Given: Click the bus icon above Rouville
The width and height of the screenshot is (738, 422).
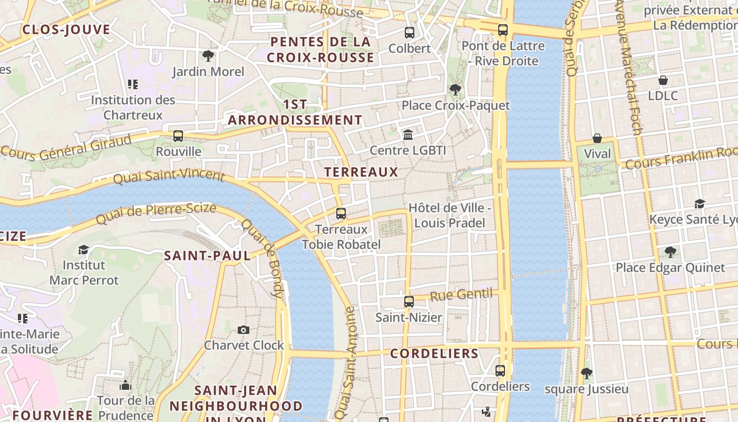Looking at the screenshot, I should tap(178, 136).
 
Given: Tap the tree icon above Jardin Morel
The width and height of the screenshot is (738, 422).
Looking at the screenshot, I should tap(208, 55).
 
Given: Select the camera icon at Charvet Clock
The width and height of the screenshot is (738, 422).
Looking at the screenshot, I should tap(243, 330).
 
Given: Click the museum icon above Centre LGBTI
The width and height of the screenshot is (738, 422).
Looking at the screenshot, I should tap(408, 135).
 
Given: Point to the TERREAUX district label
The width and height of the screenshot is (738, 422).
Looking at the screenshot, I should tap(361, 172).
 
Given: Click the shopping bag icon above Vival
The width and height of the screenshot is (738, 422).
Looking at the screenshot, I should tap(597, 138).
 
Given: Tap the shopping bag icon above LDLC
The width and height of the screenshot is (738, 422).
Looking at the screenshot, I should tap(663, 80).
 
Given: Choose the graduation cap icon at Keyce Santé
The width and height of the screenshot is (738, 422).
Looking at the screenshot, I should tap(700, 204).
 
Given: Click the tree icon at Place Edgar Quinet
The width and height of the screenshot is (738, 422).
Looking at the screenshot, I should tap(670, 252).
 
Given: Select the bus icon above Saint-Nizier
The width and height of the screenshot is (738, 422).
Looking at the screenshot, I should tap(409, 302).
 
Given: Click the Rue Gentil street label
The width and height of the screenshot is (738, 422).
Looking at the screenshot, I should tap(461, 294).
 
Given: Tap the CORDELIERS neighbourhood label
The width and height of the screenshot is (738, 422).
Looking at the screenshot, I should tap(434, 353).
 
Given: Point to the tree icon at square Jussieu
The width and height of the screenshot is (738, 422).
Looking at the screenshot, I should tap(586, 373).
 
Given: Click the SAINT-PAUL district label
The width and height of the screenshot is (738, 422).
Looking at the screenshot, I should tap(207, 256).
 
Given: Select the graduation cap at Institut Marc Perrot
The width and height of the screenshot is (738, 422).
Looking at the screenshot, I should tap(83, 249).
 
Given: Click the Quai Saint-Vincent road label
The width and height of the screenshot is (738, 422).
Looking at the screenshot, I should tap(169, 176).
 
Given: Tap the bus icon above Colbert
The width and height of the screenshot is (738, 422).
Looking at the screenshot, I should tap(410, 33).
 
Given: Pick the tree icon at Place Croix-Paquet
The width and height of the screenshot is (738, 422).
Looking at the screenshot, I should tap(455, 90).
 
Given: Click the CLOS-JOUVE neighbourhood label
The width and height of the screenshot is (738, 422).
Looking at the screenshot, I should tap(66, 30).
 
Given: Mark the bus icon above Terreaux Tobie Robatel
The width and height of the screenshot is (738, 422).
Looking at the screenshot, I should tap(341, 214).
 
